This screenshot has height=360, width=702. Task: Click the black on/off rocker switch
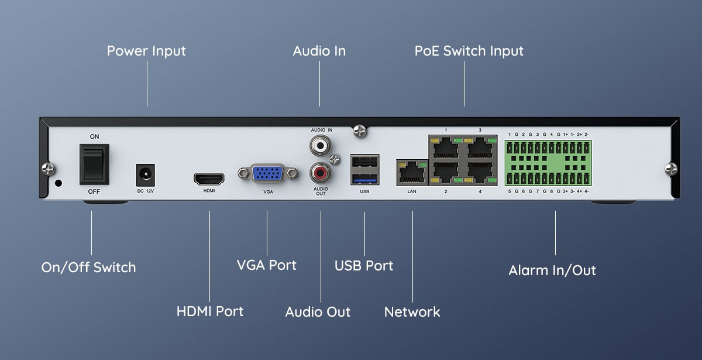click(x=94, y=163)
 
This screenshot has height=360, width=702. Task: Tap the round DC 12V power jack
click(x=144, y=174)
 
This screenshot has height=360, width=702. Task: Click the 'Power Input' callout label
click(x=146, y=51)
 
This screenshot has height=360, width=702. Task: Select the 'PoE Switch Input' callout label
click(x=469, y=51)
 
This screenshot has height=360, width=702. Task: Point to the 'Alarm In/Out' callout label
click(x=552, y=270)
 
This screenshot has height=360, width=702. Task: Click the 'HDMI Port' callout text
click(x=209, y=311)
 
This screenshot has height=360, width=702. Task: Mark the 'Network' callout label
click(x=412, y=311)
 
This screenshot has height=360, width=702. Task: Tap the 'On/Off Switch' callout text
click(x=88, y=268)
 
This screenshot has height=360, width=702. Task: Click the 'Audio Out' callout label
click(x=318, y=311)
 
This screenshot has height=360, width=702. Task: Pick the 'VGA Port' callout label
click(x=266, y=265)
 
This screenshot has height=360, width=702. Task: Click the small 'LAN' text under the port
click(x=412, y=191)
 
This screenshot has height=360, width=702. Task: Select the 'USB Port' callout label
click(x=364, y=265)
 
